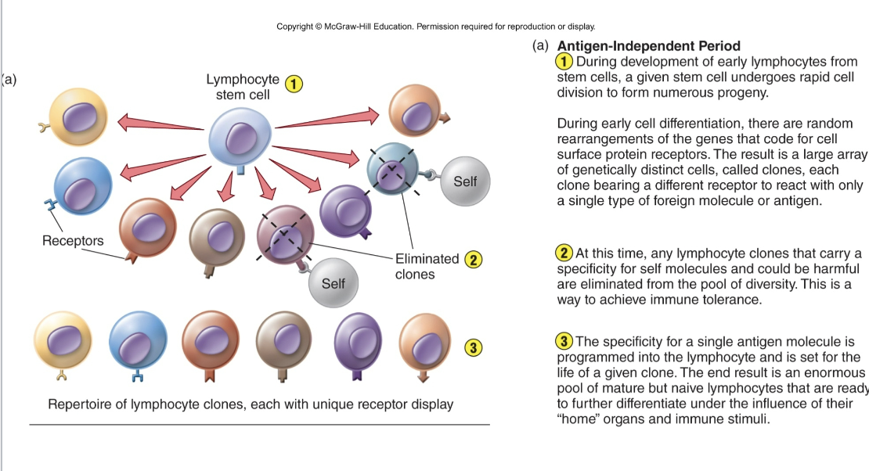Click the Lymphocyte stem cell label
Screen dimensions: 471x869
[x=242, y=87]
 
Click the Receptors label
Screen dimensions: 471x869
[x=73, y=240]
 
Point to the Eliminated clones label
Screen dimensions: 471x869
[x=427, y=266]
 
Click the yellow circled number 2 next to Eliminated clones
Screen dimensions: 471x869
[x=473, y=261]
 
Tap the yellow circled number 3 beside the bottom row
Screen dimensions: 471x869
[x=471, y=347]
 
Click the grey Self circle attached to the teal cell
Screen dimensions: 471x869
[x=464, y=182]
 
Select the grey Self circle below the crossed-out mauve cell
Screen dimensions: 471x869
[x=333, y=283]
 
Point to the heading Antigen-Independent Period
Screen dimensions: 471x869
[x=648, y=46]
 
